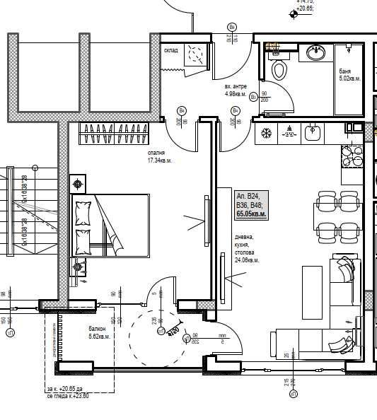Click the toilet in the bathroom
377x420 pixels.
coord(279,69)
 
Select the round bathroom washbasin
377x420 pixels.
coord(315,52)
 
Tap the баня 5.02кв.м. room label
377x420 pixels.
coord(349,75)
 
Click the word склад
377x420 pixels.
coord(171,50)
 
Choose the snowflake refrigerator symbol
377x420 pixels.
coord(267,133)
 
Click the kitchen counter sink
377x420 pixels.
coord(313,132)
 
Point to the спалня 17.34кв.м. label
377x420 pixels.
coord(158,156)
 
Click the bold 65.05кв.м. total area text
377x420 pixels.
coord(251,212)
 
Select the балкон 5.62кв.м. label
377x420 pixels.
coord(97,333)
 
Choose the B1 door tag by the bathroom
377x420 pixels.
coord(254,97)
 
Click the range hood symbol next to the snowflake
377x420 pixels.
coord(289,132)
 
